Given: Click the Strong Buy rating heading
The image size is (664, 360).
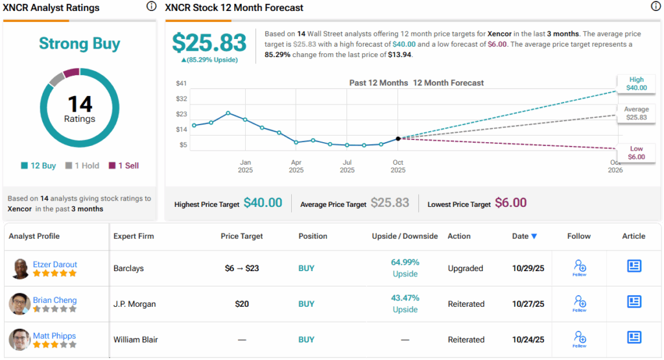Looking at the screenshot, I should pos(79,43).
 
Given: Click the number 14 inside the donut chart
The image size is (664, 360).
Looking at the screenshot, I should pos(80,104).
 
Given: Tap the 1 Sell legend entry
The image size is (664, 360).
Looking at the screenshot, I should pos(123,165).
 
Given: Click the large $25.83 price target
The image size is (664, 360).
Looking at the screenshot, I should pos(209,43).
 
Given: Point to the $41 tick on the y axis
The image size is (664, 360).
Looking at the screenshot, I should pos(182,83).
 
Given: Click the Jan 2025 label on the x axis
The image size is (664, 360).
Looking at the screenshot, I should pos(245,166).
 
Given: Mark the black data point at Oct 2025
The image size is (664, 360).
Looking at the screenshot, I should pos(398,139).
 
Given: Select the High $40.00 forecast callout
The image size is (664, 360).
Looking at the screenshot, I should pos(636,84).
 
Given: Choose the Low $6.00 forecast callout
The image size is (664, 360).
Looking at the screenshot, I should pos(636,153).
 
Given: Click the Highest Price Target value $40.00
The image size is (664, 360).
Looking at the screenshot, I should pos(263,203).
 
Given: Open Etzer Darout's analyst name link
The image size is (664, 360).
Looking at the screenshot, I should pos(55,264).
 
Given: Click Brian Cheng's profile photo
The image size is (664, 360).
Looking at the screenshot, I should pos(20,304).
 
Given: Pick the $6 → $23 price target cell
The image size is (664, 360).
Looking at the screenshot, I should pos(242,268).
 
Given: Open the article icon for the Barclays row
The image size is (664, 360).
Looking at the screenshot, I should pos(634,266).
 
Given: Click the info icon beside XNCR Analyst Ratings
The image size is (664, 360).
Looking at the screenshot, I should pos(151,6).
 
